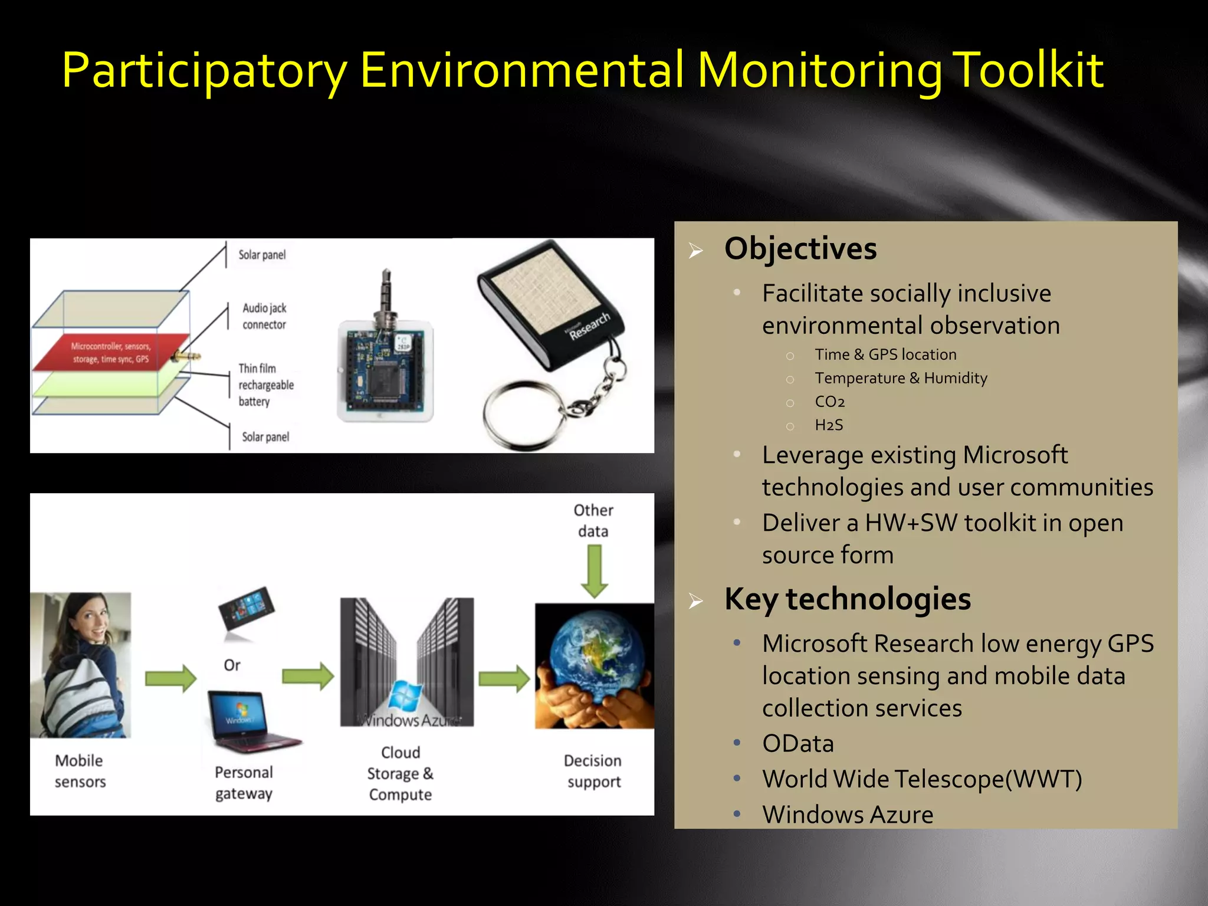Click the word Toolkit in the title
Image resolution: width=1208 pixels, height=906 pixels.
click(x=1028, y=71)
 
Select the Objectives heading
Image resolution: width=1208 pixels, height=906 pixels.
click(x=800, y=248)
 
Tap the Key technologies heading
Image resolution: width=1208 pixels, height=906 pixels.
click(x=847, y=599)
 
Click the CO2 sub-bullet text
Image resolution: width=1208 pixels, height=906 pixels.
click(x=829, y=402)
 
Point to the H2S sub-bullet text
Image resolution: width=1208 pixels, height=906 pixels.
click(x=829, y=425)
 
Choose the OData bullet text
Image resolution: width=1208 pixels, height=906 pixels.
click(x=797, y=744)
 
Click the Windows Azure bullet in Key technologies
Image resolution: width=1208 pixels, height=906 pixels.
click(x=847, y=815)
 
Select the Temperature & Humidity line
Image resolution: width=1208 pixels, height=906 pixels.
click(x=901, y=378)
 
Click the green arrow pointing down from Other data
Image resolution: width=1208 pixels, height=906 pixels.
click(x=594, y=571)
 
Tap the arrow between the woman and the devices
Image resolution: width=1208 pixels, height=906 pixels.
click(x=170, y=678)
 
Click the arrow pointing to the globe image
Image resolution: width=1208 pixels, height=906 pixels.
click(x=504, y=678)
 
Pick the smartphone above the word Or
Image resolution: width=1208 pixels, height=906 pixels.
click(x=247, y=609)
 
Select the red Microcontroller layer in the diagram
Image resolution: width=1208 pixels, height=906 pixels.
click(x=111, y=353)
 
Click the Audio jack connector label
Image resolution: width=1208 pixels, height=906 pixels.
click(x=264, y=316)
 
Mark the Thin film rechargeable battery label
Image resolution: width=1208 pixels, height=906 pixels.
click(x=265, y=385)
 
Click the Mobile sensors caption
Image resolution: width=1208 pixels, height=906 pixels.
click(x=80, y=771)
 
